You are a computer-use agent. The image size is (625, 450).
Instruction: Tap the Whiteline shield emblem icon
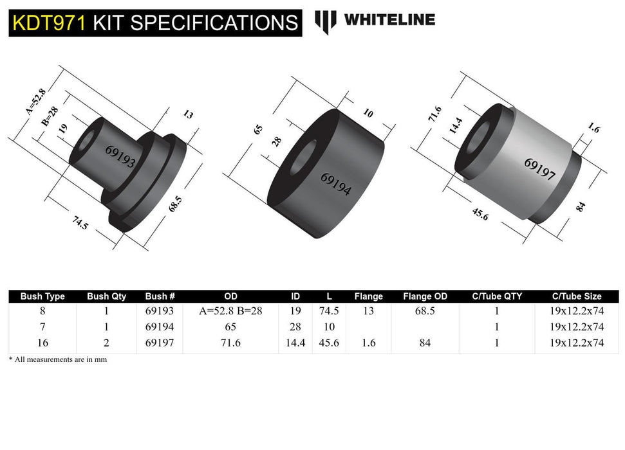point(325,21)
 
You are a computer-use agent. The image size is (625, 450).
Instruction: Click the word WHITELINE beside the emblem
point(389,20)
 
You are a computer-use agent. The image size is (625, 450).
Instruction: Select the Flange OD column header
point(425,296)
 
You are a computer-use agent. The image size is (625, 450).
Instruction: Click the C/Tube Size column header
point(577,296)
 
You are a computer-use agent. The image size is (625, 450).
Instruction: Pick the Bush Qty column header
point(106,296)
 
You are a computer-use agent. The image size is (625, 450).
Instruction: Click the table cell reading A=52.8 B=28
point(230,310)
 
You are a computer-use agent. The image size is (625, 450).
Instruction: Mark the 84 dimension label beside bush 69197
point(581,207)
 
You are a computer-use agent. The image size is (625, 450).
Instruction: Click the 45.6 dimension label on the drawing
point(480,215)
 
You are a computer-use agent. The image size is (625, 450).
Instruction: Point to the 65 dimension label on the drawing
point(258,129)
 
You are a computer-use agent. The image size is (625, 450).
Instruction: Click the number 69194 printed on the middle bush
point(335,184)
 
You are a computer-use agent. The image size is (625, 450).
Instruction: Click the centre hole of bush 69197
point(479,139)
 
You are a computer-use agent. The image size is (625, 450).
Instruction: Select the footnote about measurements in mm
point(58,360)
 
